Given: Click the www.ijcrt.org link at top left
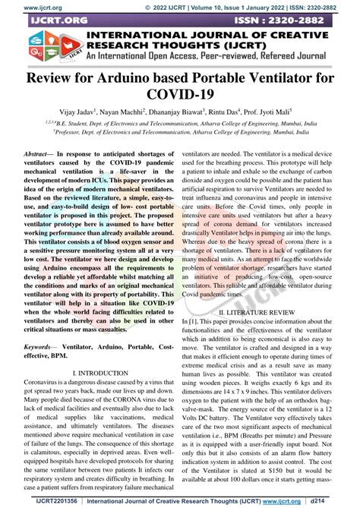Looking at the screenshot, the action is pyautogui.click(x=22, y=5).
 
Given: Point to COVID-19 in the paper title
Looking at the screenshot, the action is pyautogui.click(x=180, y=97).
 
